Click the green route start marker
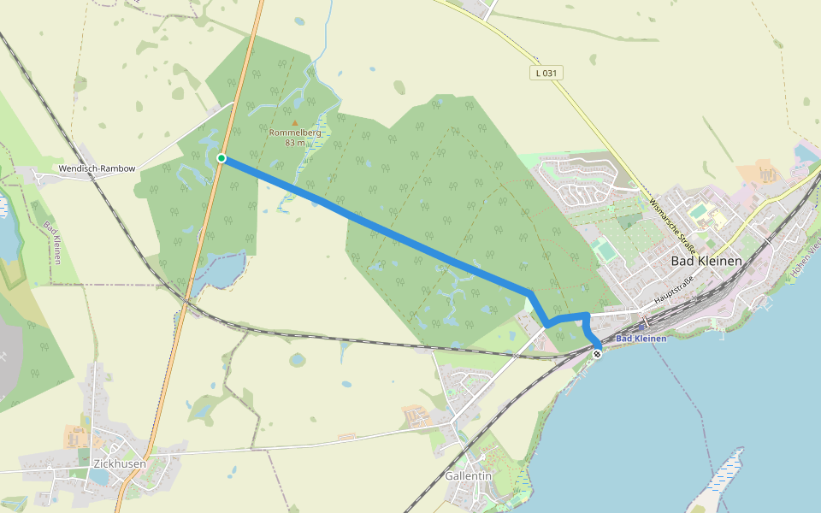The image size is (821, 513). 221,158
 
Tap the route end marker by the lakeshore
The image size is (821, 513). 597,353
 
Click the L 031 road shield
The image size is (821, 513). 545,73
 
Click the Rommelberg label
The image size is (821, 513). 295,133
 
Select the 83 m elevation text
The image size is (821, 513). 296,143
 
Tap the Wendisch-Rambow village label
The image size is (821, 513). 97,168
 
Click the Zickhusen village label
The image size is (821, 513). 118,463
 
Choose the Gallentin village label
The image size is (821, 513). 469,475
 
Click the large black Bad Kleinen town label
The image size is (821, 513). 706,261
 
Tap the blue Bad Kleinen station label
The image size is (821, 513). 641,339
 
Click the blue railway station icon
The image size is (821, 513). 642,327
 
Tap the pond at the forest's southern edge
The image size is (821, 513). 220,271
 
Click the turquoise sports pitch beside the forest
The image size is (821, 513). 605,251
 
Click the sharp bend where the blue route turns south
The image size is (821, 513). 530,294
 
